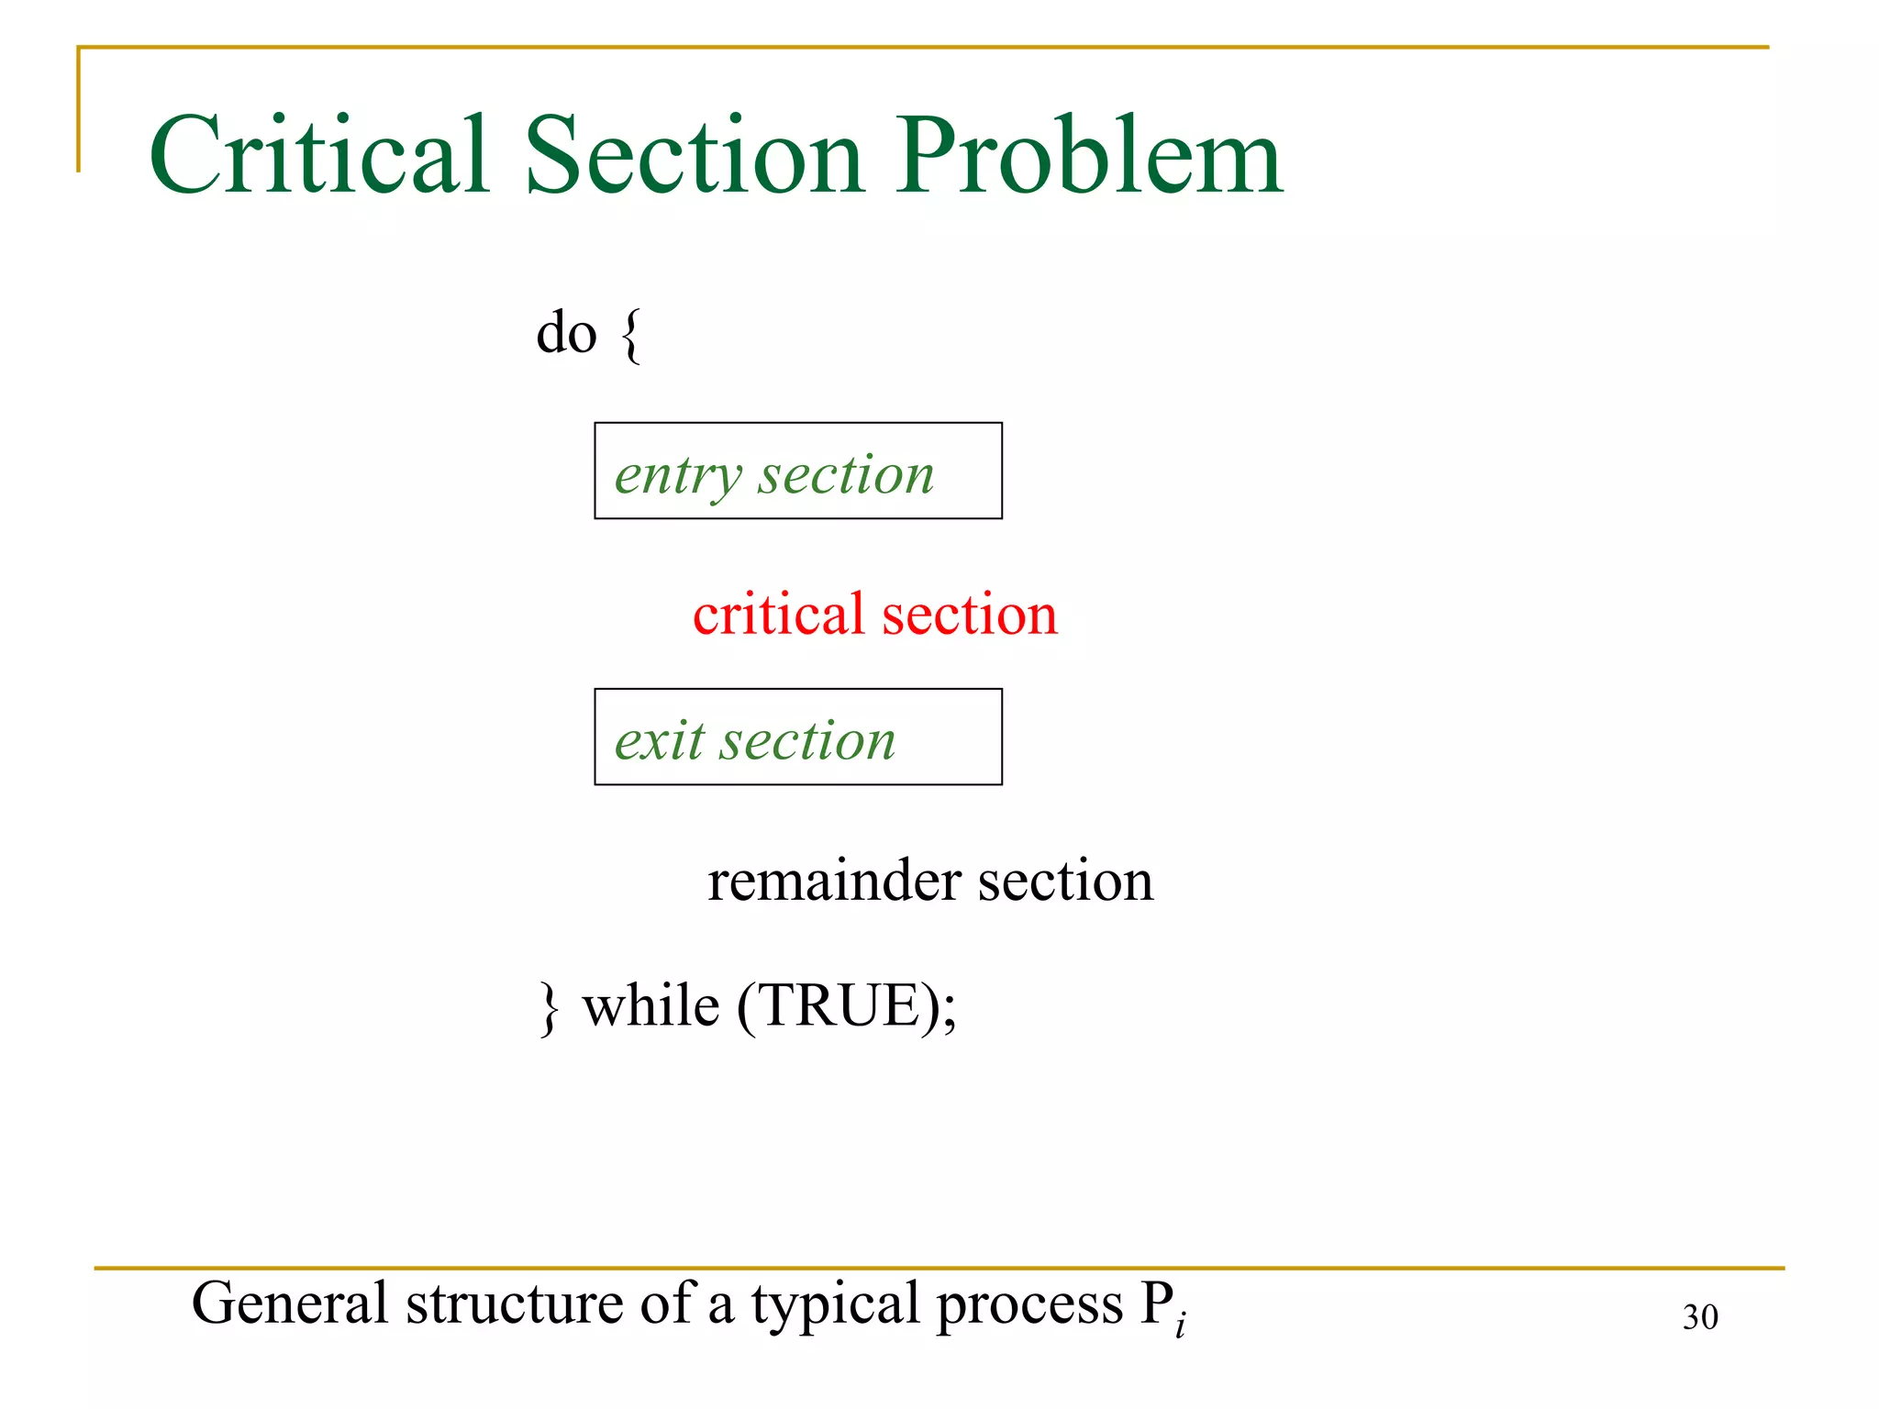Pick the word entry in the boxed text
pos(677,476)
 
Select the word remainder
pos(834,880)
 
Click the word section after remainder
pos(1065,880)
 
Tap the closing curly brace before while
pos(549,1007)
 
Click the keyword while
pos(650,1005)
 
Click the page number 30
pos(1699,1317)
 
